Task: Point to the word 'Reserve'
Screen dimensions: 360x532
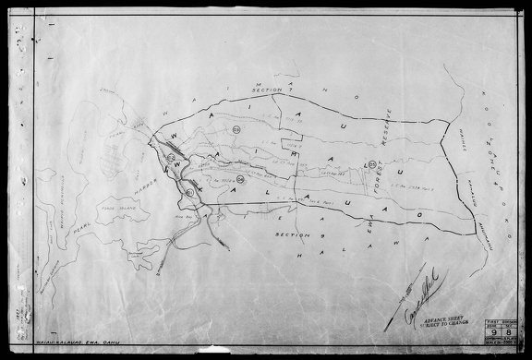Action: coord(388,128)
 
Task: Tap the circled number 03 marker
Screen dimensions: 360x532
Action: coord(236,128)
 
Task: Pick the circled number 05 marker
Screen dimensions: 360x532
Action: coord(371,164)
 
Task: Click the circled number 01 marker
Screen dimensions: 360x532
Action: coord(189,192)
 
